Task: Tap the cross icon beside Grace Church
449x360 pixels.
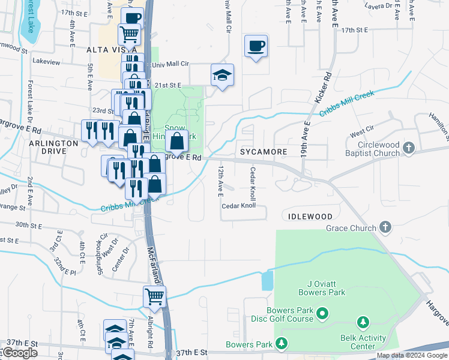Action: (385, 227)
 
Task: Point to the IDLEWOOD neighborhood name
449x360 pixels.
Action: (310, 216)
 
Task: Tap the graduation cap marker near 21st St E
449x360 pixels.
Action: (222, 76)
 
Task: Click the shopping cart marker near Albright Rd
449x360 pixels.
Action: (154, 296)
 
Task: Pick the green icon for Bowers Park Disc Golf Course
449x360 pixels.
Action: (322, 313)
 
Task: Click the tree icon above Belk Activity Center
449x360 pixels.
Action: (363, 324)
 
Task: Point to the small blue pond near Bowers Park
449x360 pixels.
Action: (267, 280)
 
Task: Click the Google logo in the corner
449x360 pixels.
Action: (20, 353)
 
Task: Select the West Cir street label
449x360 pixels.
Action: (361, 131)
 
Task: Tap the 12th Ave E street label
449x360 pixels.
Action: (220, 182)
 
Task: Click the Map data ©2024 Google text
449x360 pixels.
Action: (412, 356)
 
